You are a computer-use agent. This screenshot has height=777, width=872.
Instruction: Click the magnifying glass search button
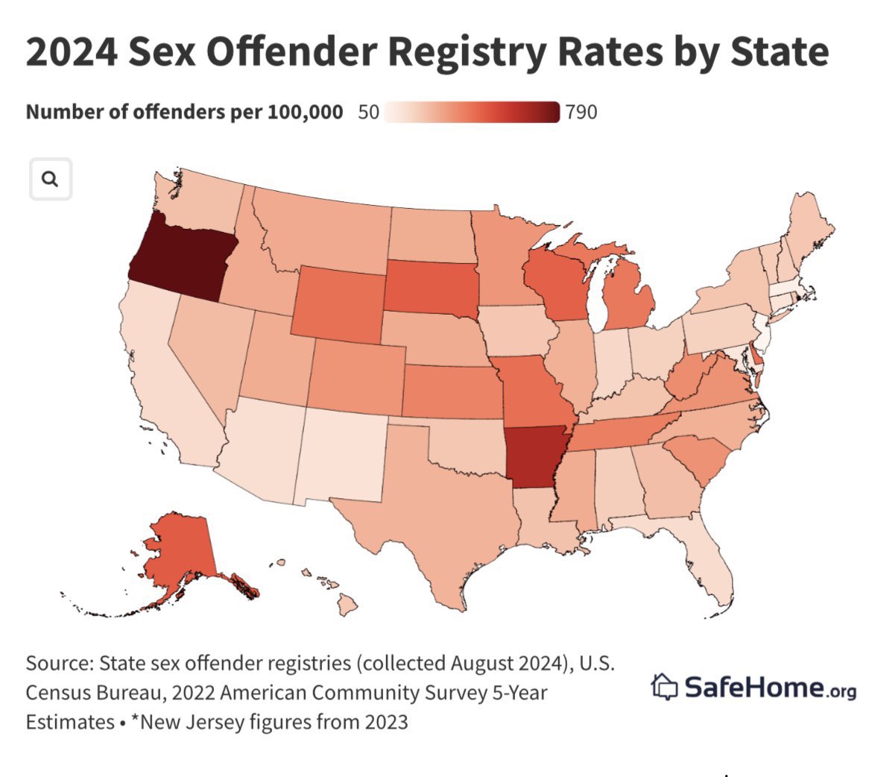(x=50, y=179)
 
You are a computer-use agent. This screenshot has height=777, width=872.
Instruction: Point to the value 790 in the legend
(x=581, y=113)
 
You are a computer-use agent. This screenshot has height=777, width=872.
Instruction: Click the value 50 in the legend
(x=368, y=113)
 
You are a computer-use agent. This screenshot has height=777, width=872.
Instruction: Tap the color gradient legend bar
(x=473, y=113)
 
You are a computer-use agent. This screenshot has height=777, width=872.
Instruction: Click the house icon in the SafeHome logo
(x=665, y=686)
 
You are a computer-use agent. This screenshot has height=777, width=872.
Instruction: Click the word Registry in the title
(x=454, y=51)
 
